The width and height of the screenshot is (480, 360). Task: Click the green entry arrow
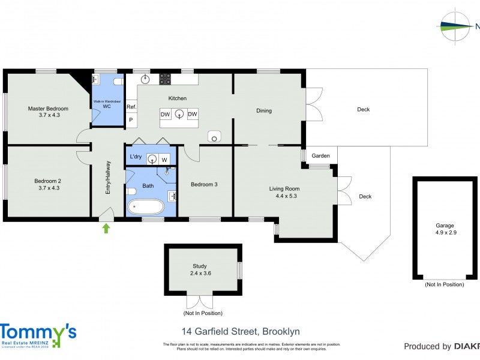tap(107, 228)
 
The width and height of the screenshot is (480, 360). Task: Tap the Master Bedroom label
tap(48, 109)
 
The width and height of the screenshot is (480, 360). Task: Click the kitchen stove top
tap(165, 79)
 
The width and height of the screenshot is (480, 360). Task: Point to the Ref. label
tap(131, 107)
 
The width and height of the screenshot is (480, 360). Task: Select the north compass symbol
tap(456, 26)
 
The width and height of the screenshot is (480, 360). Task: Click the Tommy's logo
tap(38, 335)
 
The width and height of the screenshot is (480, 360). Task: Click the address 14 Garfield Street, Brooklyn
tap(241, 331)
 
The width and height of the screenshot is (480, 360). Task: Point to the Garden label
tap(320, 156)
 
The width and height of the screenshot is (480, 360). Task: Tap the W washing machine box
tap(164, 159)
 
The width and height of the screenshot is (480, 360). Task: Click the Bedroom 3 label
tap(204, 184)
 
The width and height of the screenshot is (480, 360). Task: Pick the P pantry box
tap(131, 120)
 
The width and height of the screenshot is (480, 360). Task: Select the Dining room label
tap(264, 110)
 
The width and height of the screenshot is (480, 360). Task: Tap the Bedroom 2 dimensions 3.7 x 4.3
tap(48, 188)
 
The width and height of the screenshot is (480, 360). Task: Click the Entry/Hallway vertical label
tap(109, 177)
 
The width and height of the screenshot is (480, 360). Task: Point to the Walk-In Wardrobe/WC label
tap(107, 103)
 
